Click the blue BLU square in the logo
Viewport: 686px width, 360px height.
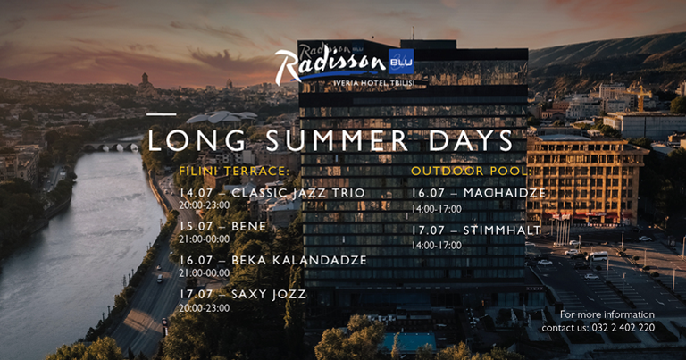tap(401, 62)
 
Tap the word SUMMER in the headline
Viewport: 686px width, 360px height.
tap(338, 141)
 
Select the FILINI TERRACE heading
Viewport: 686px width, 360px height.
tap(234, 171)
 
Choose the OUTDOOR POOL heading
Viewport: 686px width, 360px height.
tap(471, 171)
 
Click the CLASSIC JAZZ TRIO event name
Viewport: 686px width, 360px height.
tap(298, 193)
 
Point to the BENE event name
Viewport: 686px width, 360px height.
tap(248, 227)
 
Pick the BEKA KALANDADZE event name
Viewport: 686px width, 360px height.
tap(299, 260)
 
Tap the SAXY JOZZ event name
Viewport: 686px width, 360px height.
tap(269, 295)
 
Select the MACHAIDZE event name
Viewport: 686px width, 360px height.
tap(505, 193)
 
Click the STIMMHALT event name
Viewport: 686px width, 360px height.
tap(502, 230)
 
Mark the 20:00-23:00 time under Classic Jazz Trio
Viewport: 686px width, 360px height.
tap(204, 205)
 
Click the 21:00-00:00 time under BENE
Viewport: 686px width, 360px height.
tap(204, 239)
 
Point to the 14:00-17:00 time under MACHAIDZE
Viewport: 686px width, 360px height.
tap(436, 210)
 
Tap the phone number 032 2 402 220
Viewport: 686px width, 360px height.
tap(623, 328)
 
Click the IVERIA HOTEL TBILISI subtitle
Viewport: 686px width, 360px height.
tap(374, 83)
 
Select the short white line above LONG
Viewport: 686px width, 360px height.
tap(162, 114)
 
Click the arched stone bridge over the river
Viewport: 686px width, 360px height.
tap(112, 147)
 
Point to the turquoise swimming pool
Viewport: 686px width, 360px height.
tap(409, 341)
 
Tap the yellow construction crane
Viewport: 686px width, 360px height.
tap(640, 96)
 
